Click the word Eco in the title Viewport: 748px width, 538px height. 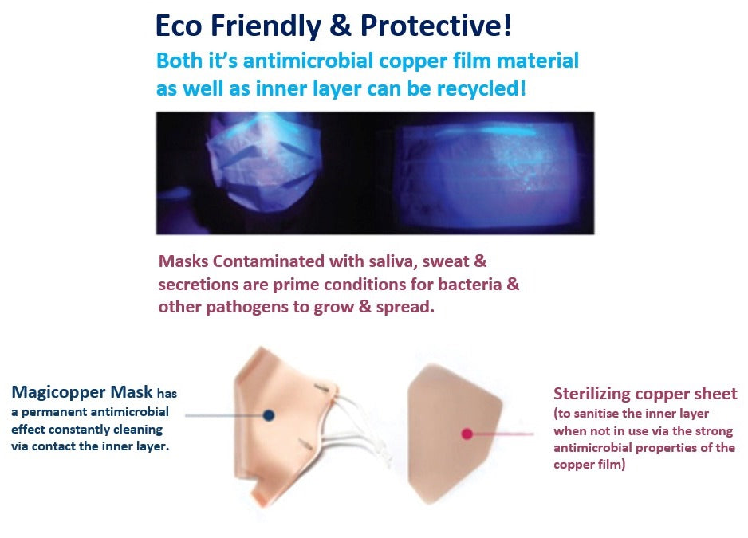pos(179,26)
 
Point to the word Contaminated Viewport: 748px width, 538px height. pos(268,261)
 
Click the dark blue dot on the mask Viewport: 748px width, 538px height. pos(269,415)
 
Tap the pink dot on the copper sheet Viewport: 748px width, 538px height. pos(467,434)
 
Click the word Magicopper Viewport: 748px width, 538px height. pos(58,392)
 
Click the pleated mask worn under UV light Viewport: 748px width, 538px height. pos(262,162)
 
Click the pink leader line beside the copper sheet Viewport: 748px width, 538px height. pos(503,434)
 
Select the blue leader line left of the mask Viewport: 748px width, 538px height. pos(224,415)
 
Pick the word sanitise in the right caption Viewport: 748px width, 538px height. pos(594,414)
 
